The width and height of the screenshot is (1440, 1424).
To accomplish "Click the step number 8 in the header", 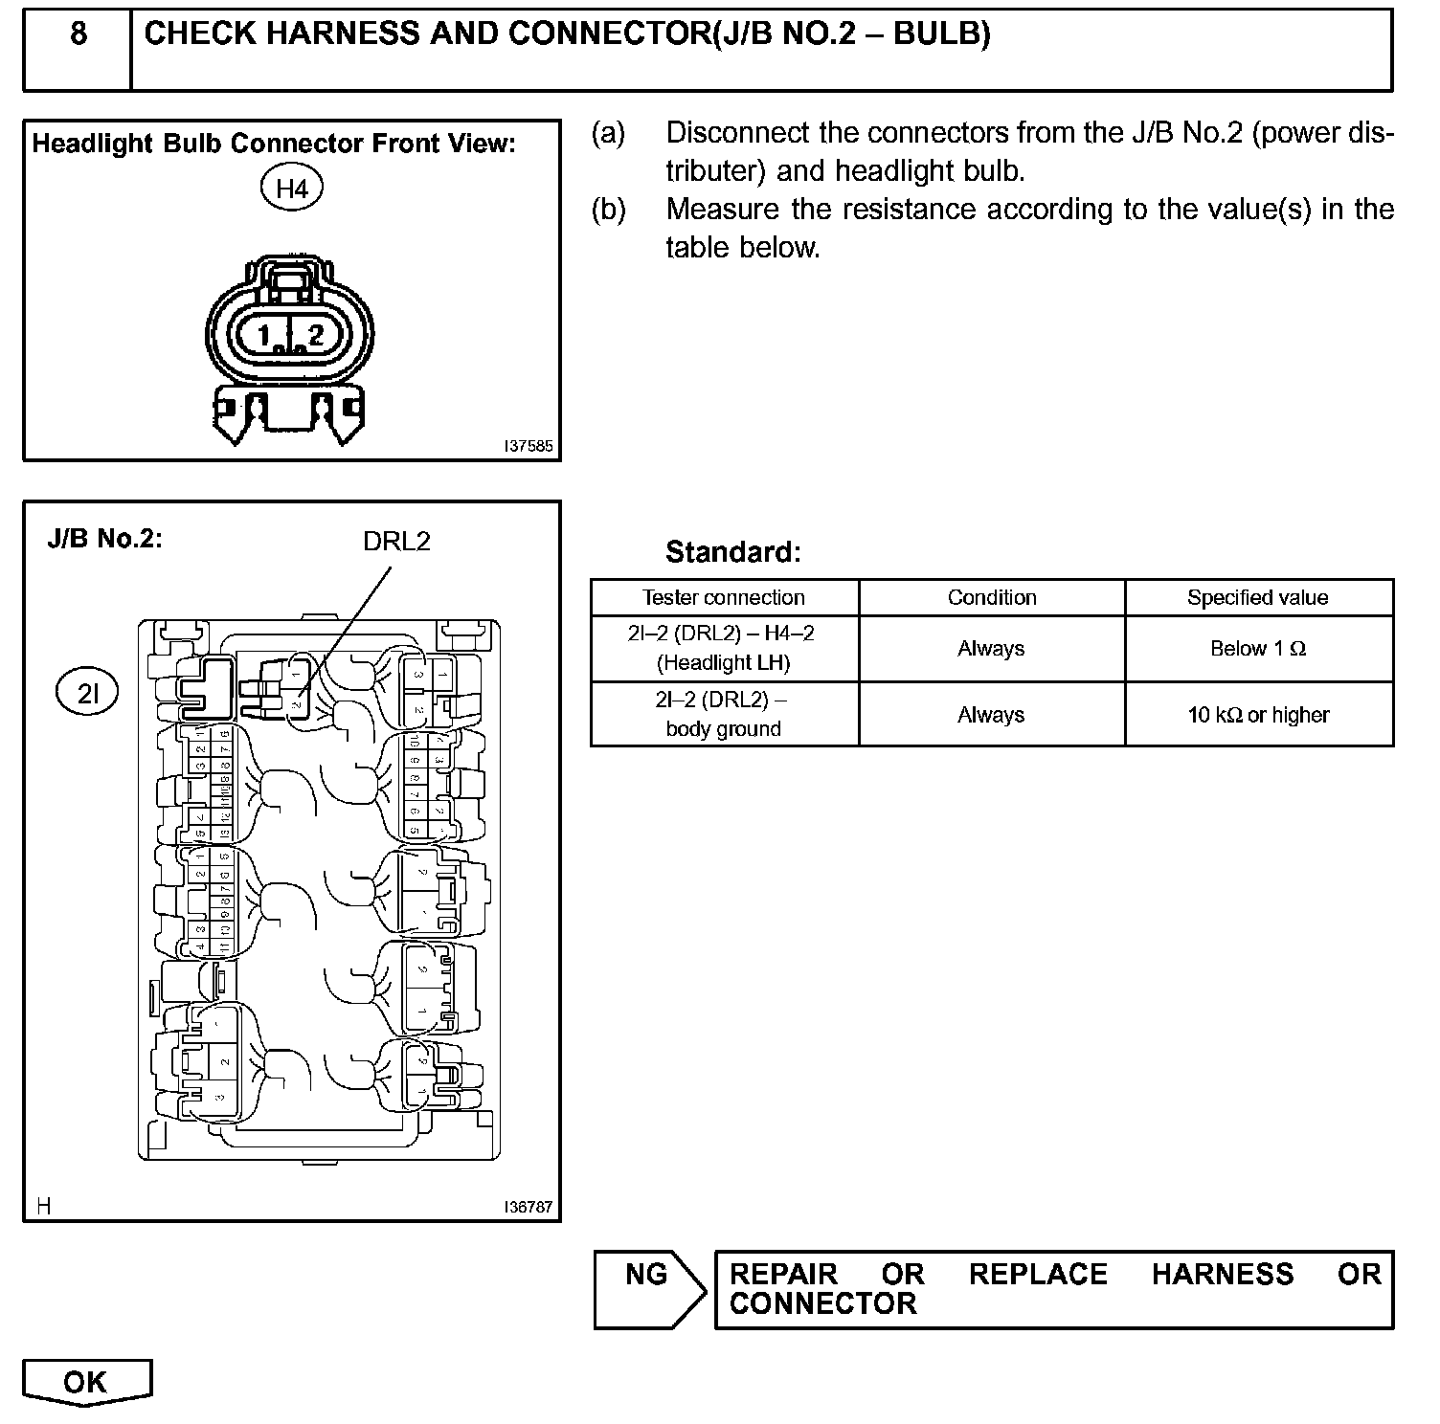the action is coord(79,34).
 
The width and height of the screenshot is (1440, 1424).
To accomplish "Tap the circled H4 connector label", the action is coord(292,189).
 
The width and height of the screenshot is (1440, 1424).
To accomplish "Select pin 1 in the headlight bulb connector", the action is coord(264,335).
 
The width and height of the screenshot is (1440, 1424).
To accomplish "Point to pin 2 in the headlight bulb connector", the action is coord(316,335).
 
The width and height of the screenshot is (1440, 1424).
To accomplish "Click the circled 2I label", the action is coord(87,693).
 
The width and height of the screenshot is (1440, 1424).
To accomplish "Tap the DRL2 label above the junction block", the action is coord(396,542).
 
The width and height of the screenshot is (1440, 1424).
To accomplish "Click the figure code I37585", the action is coord(529,447).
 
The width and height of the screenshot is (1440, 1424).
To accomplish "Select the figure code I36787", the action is coord(529,1208).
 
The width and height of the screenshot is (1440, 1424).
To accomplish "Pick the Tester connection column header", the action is coord(724,598).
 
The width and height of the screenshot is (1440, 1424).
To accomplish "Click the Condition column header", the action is coord(992,598).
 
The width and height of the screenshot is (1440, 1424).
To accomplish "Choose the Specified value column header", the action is coord(1257,598).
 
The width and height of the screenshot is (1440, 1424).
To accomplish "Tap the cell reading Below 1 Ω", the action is coord(1257,649).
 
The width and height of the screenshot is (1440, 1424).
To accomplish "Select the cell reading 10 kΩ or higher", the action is coord(1257,715).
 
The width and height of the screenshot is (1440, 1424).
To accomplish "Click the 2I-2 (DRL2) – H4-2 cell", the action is coord(724,648).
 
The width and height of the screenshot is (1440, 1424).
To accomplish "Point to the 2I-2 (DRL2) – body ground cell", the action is coord(724,714).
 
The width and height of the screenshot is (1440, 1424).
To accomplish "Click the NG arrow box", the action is coord(647,1288).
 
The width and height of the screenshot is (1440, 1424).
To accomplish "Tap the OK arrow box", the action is coord(86,1382).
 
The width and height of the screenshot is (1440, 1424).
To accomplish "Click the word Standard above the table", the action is coord(732,552).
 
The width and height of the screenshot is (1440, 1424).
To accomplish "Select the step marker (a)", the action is coord(608,133).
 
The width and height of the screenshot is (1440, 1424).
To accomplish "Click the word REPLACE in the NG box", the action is coord(1038,1275).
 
